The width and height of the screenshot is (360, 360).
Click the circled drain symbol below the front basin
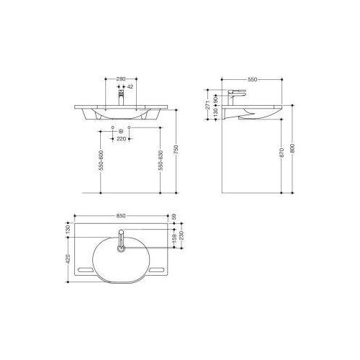click(121, 132)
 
